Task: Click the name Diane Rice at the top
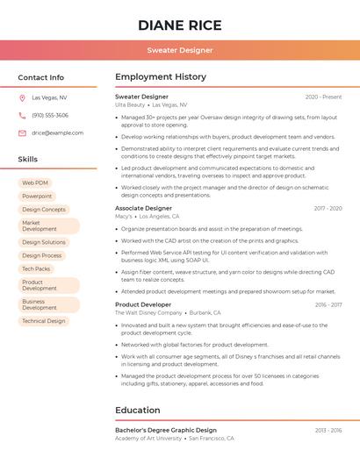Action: coord(179,25)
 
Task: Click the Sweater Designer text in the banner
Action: coord(179,50)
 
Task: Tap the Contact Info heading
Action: coord(41,77)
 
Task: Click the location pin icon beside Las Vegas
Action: coord(22,97)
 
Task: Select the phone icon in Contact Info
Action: coord(22,115)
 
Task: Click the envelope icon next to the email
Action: coord(22,132)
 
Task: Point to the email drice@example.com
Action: coord(57,132)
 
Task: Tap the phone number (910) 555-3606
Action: coord(50,115)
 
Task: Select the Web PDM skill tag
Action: coord(35,182)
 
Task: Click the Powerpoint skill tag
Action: coord(37,196)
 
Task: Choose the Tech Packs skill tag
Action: coord(36,268)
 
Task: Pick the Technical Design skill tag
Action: coord(44,321)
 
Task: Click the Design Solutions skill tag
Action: coord(44,242)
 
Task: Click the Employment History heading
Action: coord(161,77)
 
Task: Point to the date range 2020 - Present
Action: coord(323,97)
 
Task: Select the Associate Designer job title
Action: coord(143,208)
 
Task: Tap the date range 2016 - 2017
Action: coord(328,304)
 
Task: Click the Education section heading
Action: coord(140,410)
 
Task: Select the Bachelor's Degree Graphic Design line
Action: coord(166,430)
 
